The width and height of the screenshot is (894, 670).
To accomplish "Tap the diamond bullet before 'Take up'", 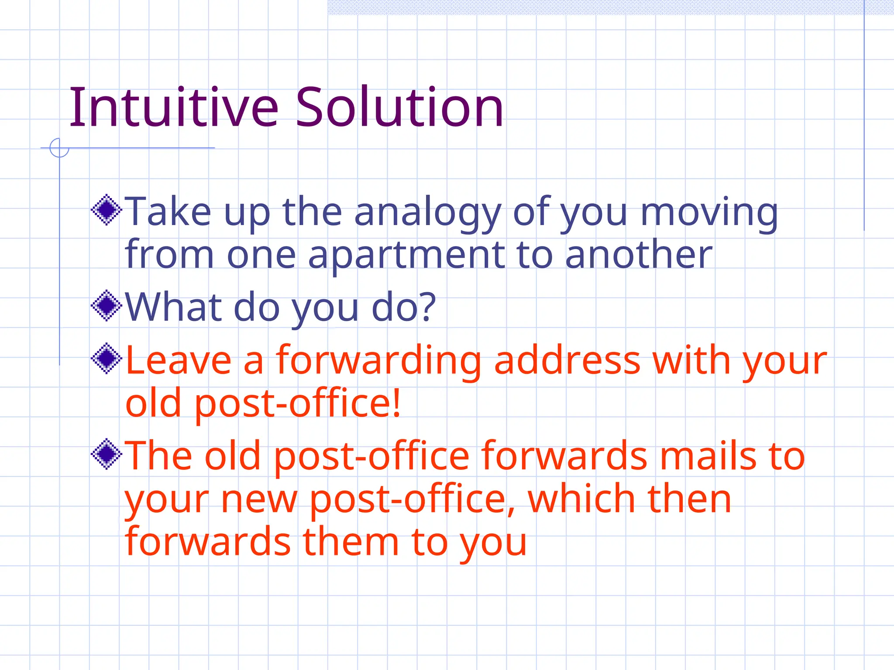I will [x=106, y=210].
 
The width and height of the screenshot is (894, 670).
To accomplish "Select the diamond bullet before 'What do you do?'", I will [x=106, y=306].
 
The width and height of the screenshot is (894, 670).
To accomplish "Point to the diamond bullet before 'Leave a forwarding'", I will [x=106, y=359].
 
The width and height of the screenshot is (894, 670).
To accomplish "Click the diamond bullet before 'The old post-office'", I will [x=106, y=455].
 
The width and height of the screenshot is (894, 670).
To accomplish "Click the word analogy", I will [x=427, y=213].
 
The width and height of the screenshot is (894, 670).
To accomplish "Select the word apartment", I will [x=406, y=256].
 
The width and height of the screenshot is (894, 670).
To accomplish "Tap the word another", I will [x=638, y=255].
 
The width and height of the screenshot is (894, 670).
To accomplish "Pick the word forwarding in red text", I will [x=378, y=361].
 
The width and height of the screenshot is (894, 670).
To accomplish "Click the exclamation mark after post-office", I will [x=396, y=403].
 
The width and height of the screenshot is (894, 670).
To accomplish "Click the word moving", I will [x=709, y=213].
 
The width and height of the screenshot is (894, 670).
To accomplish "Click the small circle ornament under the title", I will [x=59, y=147].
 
